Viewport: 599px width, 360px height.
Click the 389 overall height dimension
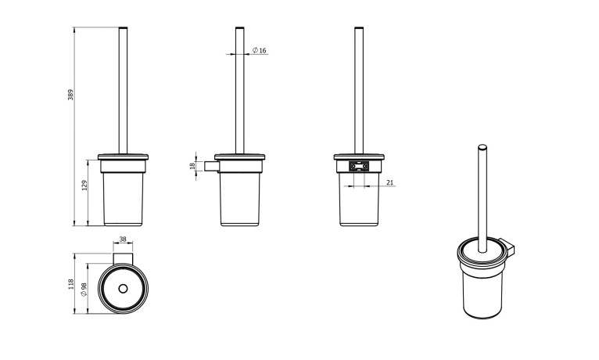70,95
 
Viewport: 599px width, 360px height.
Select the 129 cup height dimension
84,185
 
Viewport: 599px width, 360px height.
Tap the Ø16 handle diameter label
260,50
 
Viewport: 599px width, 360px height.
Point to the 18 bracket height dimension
192,165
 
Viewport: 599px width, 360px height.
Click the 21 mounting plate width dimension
389,182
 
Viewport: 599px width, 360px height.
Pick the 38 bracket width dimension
123,239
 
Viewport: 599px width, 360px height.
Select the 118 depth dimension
71,284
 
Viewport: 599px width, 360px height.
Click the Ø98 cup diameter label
84,290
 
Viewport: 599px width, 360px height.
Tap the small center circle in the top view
123,289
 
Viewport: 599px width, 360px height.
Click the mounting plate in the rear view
359,166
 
